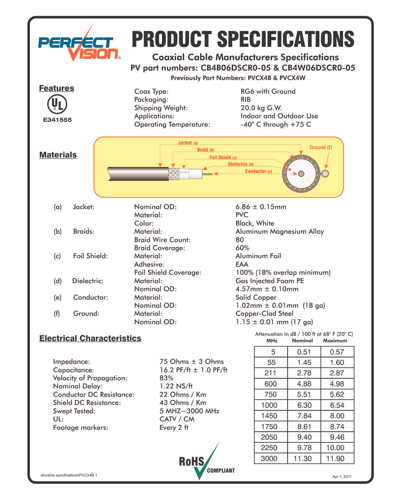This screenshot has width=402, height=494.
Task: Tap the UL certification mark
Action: click(x=57, y=104)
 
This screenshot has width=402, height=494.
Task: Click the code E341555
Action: click(x=57, y=120)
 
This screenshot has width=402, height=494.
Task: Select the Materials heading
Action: click(x=58, y=155)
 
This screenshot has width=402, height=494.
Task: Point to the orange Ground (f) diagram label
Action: click(x=320, y=147)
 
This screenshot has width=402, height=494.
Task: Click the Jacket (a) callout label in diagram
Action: click(x=188, y=143)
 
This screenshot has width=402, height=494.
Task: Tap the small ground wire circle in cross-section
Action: click(x=325, y=173)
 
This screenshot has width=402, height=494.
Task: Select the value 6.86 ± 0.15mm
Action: click(x=261, y=207)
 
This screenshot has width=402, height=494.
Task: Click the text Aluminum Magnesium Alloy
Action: click(x=280, y=231)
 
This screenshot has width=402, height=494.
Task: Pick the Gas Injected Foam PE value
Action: click(x=270, y=281)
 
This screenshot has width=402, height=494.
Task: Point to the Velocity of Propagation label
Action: click(x=90, y=378)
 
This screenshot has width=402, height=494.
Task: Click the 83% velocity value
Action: click(x=166, y=378)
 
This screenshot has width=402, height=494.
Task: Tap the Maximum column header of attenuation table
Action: click(x=335, y=341)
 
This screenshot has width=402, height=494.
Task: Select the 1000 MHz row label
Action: click(x=269, y=405)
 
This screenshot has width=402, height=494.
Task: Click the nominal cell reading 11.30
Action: click(x=303, y=459)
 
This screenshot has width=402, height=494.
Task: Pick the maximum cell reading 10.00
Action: click(x=335, y=448)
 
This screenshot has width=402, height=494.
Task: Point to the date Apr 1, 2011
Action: click(x=342, y=476)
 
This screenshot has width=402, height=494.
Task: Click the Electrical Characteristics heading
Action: click(x=90, y=338)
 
